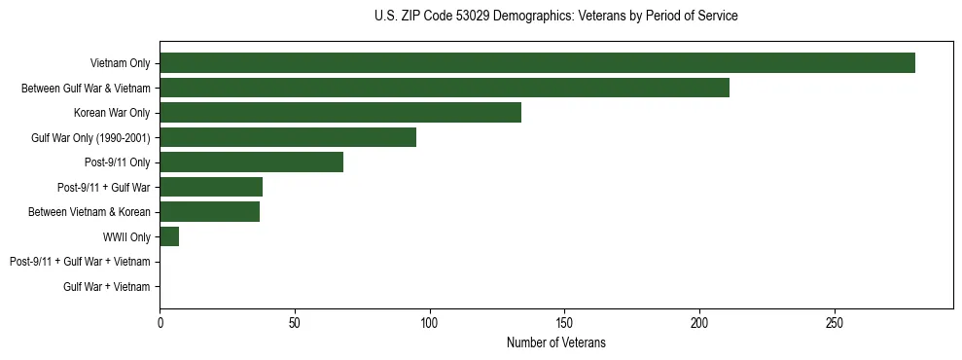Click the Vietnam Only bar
point(537,63)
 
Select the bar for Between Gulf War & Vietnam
point(445,89)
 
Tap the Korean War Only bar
point(340,113)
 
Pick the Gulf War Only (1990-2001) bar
point(288,137)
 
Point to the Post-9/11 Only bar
point(251,162)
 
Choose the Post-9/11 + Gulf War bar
point(211,187)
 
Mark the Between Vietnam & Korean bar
point(209,212)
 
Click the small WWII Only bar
point(169,236)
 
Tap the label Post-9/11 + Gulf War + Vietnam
point(80,262)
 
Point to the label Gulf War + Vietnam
point(107,287)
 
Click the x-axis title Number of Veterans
point(555,342)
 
